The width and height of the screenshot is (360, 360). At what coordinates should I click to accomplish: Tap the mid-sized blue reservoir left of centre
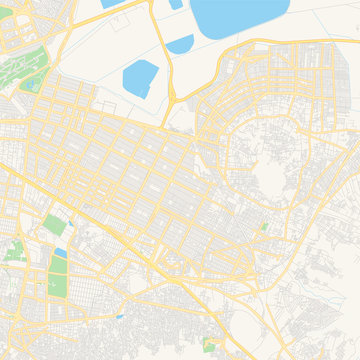pos(141,78)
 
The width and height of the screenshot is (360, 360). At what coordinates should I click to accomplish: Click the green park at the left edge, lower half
pos(15,250)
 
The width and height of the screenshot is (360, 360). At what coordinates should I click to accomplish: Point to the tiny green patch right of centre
pos(264,228)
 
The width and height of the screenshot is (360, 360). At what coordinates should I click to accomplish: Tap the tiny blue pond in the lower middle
pos(120,317)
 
